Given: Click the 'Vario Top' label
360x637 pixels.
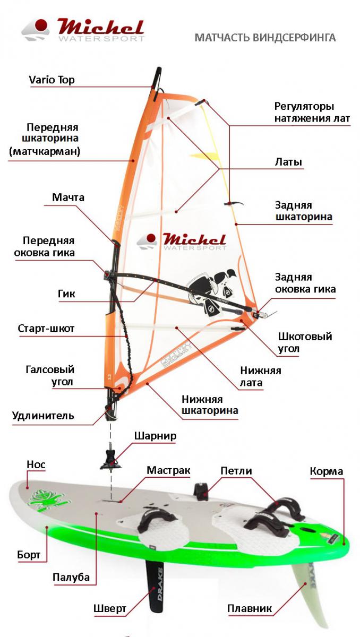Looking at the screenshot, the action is pos(52,80).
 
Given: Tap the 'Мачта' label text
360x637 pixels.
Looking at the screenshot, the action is pos(68,197).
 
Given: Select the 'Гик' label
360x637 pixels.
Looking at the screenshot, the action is pos(66,294).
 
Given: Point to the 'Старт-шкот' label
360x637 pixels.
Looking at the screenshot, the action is pos(46,328).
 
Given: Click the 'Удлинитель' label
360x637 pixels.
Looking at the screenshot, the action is pos(43,416).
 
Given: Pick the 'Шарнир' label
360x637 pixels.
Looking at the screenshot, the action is pos(155,436).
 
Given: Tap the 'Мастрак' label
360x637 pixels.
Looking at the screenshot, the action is pos(168,470).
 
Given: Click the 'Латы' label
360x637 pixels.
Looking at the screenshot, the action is pos(288,162).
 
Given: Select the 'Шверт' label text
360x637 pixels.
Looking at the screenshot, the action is pos(110,608).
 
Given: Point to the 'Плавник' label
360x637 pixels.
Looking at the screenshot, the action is pos(250,608).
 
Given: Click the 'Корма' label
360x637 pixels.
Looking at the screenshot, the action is pos(327,471).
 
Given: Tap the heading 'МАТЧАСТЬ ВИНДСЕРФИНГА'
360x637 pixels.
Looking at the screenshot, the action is pos(265,38).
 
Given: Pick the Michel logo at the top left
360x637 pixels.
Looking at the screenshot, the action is pos(83,30).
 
